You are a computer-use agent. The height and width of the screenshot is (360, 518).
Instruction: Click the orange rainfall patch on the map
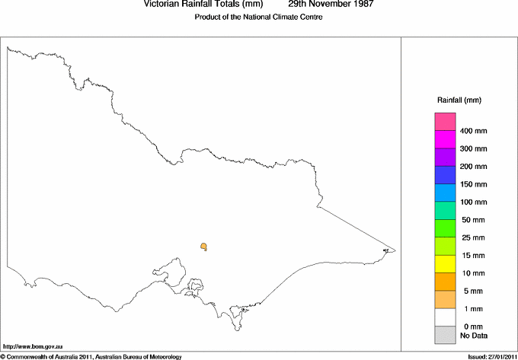(204, 246)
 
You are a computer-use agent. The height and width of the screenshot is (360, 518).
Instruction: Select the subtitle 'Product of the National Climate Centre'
(259, 18)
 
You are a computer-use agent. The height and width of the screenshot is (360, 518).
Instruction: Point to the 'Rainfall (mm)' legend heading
(459, 100)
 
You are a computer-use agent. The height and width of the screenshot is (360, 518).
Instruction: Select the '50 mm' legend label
(473, 220)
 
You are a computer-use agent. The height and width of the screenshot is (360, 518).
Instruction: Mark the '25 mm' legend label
(473, 237)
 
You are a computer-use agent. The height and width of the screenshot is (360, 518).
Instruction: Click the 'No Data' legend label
(473, 335)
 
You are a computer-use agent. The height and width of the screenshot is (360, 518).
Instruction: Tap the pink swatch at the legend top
(445, 122)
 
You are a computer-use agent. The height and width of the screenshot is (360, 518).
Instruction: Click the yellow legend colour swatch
(445, 264)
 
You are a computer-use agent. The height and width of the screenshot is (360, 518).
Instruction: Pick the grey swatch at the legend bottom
(445, 335)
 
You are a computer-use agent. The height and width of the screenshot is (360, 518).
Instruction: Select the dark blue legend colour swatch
(445, 175)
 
